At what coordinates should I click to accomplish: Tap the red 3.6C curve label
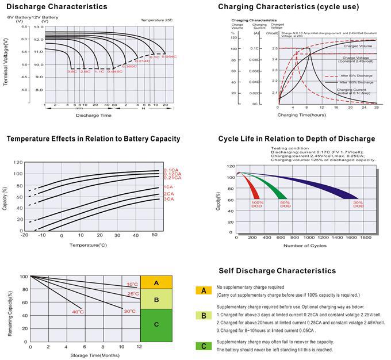(x=72, y=71)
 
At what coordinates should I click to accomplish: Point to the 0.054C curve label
(x=169, y=56)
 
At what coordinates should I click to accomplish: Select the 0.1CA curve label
(x=172, y=170)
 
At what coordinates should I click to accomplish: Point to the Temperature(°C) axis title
(x=88, y=245)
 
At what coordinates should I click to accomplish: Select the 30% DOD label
(x=358, y=204)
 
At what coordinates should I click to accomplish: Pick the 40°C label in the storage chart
(x=78, y=312)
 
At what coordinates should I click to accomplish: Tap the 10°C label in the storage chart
(x=132, y=284)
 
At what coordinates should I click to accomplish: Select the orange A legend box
(x=203, y=291)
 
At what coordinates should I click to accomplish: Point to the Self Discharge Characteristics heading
(x=277, y=270)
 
